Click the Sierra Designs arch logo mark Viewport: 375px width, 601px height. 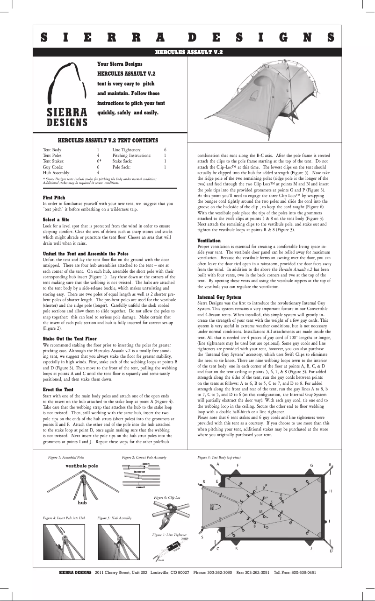tap(67, 84)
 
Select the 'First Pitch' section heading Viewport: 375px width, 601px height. tap(54, 198)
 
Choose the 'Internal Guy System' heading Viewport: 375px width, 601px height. tap(219, 297)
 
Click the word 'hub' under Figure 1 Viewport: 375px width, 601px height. tap(82, 502)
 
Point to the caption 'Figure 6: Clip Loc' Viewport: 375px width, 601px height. tap(167, 499)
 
